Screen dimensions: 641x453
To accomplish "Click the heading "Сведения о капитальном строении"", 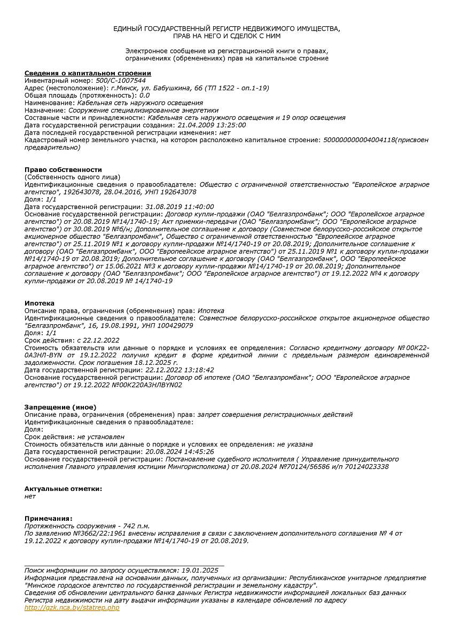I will (x=88, y=73).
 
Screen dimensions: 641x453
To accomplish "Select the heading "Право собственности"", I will (x=63, y=169).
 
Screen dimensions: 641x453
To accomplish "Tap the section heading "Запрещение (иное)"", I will (x=60, y=407).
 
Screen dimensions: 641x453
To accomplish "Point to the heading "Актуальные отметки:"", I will (x=63, y=489).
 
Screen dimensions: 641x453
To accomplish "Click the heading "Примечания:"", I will (x=48, y=518).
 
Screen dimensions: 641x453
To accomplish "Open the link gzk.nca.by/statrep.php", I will (x=72, y=608).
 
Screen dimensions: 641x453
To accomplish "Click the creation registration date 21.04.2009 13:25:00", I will (x=212, y=124).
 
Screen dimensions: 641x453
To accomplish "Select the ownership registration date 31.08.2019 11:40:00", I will (x=179, y=207).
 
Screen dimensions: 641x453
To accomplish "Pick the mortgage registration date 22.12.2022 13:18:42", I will (x=179, y=370).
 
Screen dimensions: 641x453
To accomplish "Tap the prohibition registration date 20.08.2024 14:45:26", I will (x=179, y=451).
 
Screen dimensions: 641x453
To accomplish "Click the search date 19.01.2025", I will (x=200, y=570).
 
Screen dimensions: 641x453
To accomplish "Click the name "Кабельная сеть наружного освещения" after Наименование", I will (x=140, y=103).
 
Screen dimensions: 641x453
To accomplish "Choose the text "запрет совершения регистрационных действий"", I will (x=275, y=415).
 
